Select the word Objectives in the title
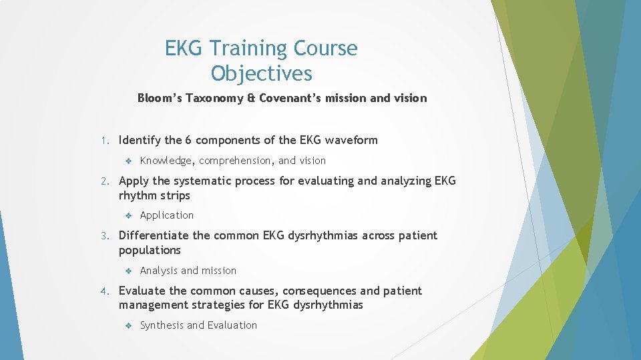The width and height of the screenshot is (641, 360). point(261,73)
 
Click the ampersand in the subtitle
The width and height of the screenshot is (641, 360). point(250,98)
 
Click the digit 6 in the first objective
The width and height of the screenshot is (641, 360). point(188,140)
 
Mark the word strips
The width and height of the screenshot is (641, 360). point(175,195)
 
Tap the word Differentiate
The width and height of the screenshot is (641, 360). point(154,235)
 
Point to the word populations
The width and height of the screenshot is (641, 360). point(150,250)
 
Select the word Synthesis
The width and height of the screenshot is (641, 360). point(162,325)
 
